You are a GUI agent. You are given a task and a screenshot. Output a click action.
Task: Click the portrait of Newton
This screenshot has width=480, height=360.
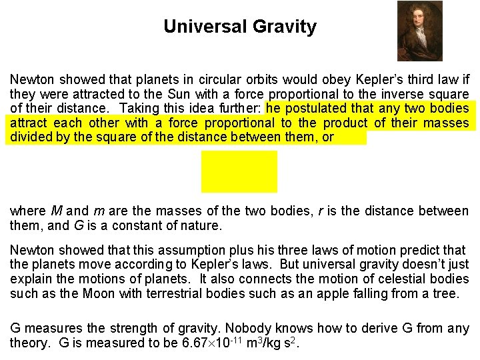point(419,31)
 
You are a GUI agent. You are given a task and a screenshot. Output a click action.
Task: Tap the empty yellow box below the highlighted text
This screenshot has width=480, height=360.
point(239,171)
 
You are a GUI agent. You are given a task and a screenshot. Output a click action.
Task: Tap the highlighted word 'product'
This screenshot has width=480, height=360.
point(345,123)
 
